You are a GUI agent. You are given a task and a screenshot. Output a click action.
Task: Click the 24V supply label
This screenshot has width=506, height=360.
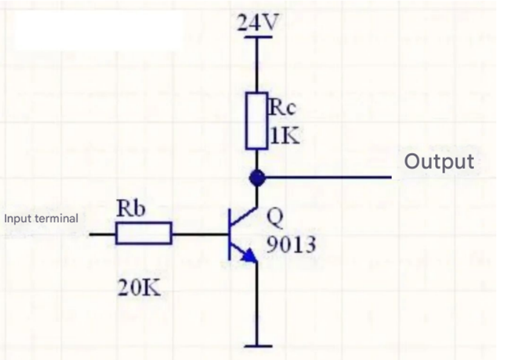point(258,23)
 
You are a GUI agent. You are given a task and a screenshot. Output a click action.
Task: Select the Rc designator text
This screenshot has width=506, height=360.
point(281,108)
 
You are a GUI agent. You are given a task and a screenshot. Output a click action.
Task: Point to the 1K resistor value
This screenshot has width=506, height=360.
point(284,136)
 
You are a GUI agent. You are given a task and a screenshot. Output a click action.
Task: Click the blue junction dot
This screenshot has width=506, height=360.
point(257,178)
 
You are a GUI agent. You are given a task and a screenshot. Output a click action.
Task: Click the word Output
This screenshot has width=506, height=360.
point(439,162)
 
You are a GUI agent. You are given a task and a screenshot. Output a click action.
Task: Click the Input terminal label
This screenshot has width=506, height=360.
point(41,218)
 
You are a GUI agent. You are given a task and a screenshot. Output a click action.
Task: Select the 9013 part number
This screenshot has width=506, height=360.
point(291,245)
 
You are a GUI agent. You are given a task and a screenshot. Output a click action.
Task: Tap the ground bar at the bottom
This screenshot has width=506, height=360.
point(257,346)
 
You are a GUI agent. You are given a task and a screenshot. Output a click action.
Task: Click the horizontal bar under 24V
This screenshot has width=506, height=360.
point(257,38)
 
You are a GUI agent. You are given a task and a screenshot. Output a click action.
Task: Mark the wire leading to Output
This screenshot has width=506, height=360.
point(327,178)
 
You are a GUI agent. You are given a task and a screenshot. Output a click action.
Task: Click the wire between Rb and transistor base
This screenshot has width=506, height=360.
point(200,234)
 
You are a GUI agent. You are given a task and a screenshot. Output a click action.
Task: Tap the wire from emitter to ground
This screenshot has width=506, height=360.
point(257,303)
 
